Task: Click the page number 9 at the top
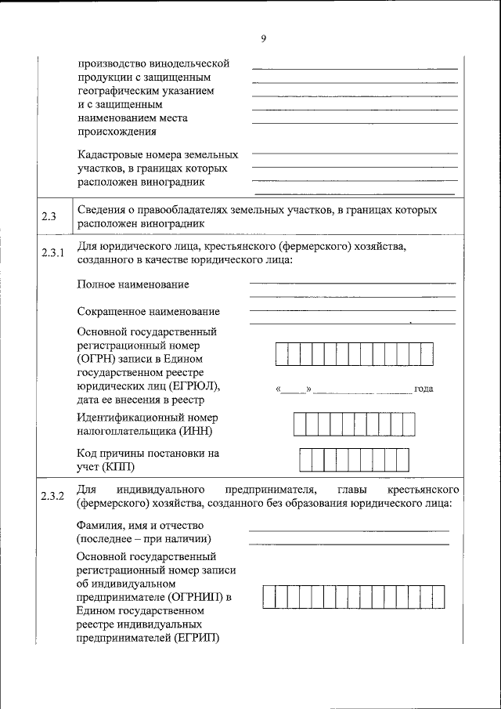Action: point(264,40)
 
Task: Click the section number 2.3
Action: point(49,217)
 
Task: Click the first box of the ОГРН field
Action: point(281,354)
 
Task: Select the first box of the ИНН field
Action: point(300,424)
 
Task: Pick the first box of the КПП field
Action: point(307,459)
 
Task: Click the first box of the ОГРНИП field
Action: point(269,596)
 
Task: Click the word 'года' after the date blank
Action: point(424,389)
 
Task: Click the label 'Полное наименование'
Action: point(132,284)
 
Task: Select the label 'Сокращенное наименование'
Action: point(148,312)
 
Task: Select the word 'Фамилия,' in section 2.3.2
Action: point(99,525)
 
